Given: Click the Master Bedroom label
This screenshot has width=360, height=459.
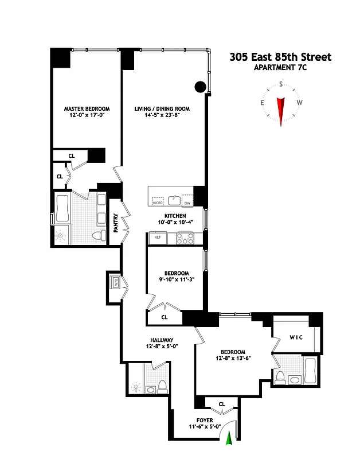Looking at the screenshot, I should [x=87, y=108].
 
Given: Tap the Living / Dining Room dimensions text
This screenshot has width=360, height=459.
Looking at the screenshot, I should [x=162, y=115].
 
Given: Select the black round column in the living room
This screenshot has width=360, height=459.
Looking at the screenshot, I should [x=199, y=87].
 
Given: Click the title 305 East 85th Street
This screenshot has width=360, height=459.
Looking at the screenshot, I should [x=280, y=57].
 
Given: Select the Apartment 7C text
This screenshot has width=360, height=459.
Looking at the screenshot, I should [x=280, y=68].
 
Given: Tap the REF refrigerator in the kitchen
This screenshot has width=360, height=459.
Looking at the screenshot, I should [x=155, y=237].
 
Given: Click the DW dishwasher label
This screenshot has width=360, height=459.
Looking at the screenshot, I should [x=187, y=203].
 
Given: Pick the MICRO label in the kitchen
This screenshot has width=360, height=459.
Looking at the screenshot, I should [x=157, y=203].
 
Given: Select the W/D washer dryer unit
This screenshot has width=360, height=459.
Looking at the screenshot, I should [x=115, y=283].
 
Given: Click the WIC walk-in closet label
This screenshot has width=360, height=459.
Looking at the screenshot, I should [x=296, y=337].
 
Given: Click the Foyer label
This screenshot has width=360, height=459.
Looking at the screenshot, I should [x=205, y=420].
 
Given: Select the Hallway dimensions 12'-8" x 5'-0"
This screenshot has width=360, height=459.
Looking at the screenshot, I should [x=157, y=346].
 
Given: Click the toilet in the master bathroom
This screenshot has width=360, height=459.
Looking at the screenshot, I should [x=99, y=235].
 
